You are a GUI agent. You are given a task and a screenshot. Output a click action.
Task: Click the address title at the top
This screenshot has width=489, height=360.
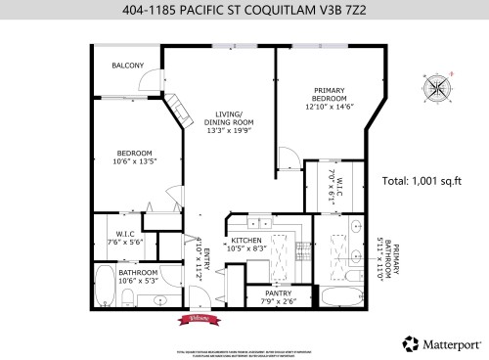[244, 12]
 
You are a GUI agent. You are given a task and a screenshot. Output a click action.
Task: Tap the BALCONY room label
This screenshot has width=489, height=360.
[127, 66]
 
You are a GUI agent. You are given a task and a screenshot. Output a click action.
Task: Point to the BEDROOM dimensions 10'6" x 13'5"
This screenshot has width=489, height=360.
[134, 163]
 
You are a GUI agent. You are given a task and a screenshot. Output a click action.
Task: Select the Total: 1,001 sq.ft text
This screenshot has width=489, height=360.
[422, 182]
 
